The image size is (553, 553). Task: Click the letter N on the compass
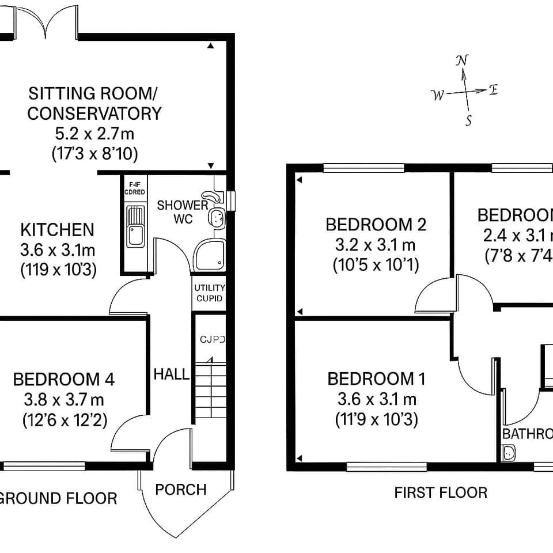coord(462,61)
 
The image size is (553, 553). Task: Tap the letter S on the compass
coord(469,120)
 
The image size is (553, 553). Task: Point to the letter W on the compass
coord(438,95)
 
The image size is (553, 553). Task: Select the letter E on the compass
coord(493,89)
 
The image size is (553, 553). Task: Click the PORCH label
coord(181,490)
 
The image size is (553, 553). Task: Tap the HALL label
coord(171,374)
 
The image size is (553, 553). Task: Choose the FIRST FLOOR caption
coord(441,493)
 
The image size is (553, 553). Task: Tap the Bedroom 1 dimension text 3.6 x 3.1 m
coord(376,399)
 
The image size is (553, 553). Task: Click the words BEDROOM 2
coord(376,225)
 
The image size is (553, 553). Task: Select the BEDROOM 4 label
coord(63,380)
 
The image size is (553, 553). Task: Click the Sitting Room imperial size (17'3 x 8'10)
coord(94,153)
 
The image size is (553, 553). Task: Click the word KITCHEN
coord(57,230)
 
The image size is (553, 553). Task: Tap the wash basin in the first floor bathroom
coord(509,454)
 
